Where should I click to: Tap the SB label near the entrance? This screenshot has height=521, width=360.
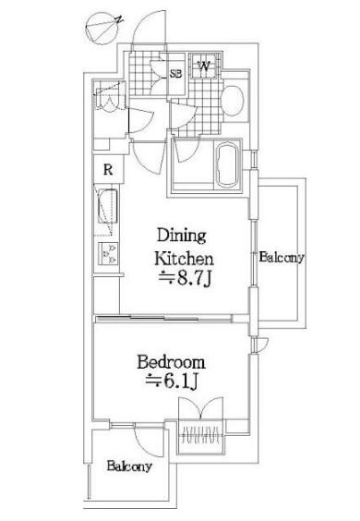[x=176, y=73]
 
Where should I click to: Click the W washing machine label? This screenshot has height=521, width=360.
[x=204, y=67]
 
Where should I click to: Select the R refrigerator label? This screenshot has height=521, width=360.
[x=108, y=170]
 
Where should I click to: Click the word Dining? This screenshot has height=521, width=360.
[x=181, y=236]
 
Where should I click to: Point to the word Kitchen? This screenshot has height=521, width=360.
[x=184, y=259]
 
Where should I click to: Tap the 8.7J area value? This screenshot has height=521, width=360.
[x=185, y=279]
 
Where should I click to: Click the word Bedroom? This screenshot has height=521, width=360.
[x=171, y=362]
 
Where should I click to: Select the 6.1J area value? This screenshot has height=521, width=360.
[x=173, y=382]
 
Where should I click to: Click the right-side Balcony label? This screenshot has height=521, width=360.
[x=282, y=258]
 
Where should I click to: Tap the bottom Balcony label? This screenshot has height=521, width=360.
[x=129, y=466]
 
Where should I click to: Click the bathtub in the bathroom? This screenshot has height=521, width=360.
[x=227, y=164]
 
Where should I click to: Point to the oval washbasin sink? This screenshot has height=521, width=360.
[x=232, y=101]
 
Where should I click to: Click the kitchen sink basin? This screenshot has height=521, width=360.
[x=107, y=206]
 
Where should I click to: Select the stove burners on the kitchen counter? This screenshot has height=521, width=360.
[x=108, y=253]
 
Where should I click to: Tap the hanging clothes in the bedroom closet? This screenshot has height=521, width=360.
[x=200, y=434]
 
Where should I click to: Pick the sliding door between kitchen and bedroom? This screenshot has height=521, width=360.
[x=164, y=319]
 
